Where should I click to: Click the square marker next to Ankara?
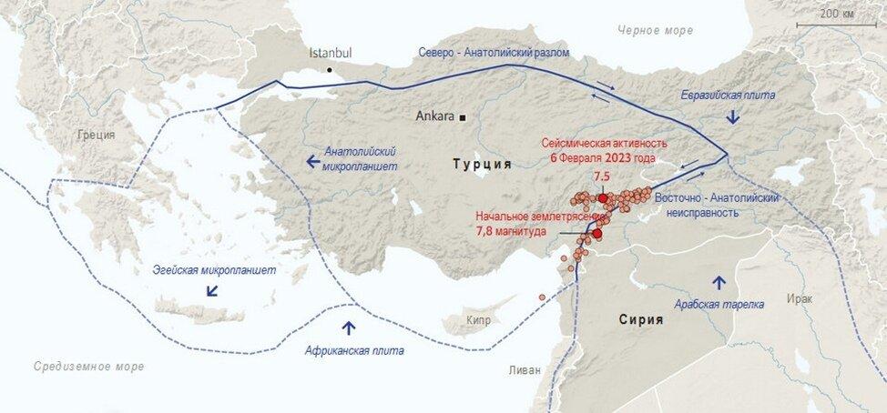[463, 117]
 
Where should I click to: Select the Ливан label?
[525, 370]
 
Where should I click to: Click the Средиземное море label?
[88, 367]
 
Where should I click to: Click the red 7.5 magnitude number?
[601, 176]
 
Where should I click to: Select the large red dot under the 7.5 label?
[602, 196]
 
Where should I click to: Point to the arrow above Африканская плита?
[348, 326]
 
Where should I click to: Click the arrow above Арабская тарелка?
[719, 281]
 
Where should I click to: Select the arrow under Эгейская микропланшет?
[212, 291]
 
